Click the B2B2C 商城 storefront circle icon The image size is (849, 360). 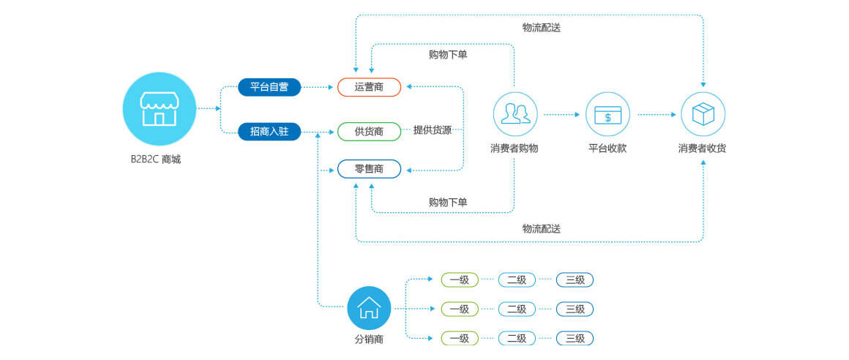click(x=160, y=109)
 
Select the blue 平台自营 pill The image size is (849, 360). click(x=269, y=87)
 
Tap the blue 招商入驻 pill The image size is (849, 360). click(x=269, y=132)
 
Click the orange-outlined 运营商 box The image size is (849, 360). click(x=370, y=87)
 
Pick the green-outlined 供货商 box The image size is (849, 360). click(x=370, y=132)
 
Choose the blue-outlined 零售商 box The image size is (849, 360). click(x=370, y=169)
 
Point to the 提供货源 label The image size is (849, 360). click(x=432, y=130)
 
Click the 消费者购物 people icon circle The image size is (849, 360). click(x=515, y=114)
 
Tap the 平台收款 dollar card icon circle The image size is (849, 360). click(x=607, y=114)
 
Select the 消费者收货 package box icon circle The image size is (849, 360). click(x=703, y=114)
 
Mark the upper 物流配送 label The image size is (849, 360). click(x=542, y=28)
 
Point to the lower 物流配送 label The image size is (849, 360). click(x=542, y=228)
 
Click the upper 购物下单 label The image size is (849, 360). click(x=448, y=55)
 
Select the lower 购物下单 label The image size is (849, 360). click(x=448, y=203)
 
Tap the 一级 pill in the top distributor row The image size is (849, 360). click(x=460, y=280)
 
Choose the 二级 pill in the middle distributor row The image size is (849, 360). click(x=517, y=309)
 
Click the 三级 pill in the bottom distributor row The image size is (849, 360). click(x=575, y=338)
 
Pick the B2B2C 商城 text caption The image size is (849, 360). click(x=155, y=160)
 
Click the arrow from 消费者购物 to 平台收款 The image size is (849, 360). click(x=561, y=115)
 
